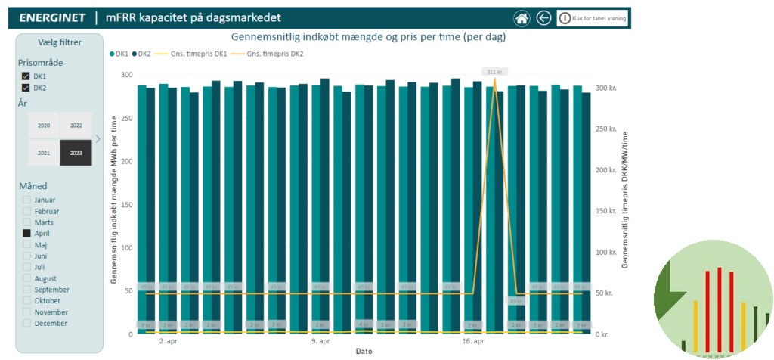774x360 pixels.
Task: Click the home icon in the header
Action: [x=521, y=18]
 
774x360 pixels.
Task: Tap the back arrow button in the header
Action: [x=543, y=18]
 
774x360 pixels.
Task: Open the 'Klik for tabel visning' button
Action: [x=593, y=18]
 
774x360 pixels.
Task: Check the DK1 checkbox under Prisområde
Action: [x=26, y=77]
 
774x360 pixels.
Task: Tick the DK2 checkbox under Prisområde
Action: [x=26, y=88]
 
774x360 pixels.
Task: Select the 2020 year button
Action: [x=44, y=126]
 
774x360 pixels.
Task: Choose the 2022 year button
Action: [x=76, y=126]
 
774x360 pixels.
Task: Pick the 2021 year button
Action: [x=44, y=154]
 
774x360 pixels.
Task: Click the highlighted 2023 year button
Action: [x=76, y=154]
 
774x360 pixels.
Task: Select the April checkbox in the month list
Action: [x=27, y=234]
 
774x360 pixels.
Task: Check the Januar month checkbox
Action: [x=27, y=200]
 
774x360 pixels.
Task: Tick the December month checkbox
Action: [x=27, y=323]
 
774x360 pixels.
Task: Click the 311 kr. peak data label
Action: [x=495, y=71]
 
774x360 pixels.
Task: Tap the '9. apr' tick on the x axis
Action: [x=320, y=341]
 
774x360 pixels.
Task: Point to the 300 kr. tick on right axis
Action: [x=606, y=88]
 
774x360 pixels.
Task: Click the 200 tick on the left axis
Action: [x=126, y=162]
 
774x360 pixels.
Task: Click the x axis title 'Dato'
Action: [x=364, y=352]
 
